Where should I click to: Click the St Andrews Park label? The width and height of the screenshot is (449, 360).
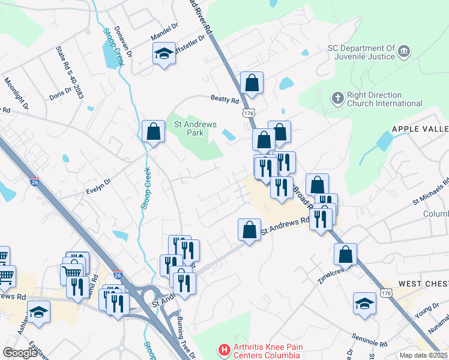(x=194, y=128)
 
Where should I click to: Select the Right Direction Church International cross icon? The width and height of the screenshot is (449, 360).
(x=338, y=97)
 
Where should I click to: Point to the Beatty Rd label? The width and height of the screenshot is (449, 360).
(x=224, y=99)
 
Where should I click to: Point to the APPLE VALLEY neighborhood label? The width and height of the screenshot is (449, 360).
(x=420, y=129)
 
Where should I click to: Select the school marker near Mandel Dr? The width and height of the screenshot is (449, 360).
(x=164, y=55)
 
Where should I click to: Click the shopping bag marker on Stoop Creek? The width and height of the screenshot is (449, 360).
(x=153, y=131)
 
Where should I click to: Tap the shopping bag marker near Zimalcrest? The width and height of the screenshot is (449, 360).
(x=345, y=254)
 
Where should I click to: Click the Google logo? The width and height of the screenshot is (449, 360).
(x=20, y=353)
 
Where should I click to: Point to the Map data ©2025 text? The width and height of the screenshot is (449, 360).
(x=423, y=355)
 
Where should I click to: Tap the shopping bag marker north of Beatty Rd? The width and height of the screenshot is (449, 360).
(x=252, y=83)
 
